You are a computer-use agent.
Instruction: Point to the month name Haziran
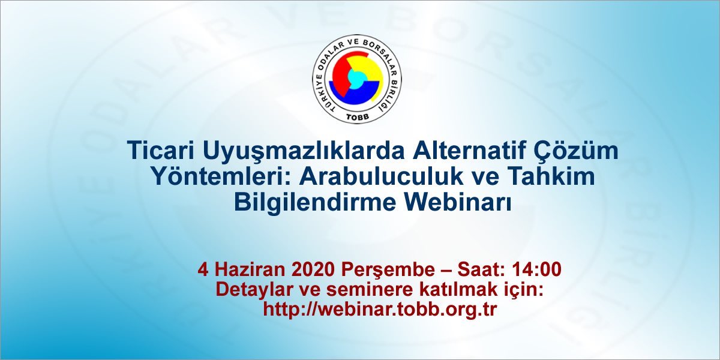pyautogui.click(x=250, y=269)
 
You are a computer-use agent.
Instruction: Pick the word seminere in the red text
pyautogui.click(x=370, y=290)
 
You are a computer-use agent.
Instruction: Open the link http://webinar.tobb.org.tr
pyautogui.click(x=380, y=310)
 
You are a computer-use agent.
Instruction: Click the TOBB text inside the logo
pyautogui.click(x=358, y=116)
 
